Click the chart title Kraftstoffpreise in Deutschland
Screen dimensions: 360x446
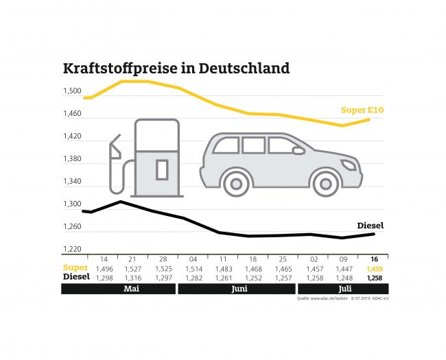click(x=176, y=69)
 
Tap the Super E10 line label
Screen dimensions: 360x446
click(x=364, y=109)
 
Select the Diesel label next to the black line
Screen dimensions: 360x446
click(x=371, y=226)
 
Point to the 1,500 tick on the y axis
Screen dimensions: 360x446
click(x=72, y=91)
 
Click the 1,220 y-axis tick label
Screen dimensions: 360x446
click(x=72, y=250)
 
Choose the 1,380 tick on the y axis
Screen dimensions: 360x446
click(x=72, y=159)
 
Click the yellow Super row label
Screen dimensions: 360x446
click(x=75, y=268)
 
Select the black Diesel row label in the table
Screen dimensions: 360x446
click(x=77, y=277)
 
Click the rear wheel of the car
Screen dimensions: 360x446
click(x=237, y=183)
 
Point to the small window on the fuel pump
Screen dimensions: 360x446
click(x=162, y=169)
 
